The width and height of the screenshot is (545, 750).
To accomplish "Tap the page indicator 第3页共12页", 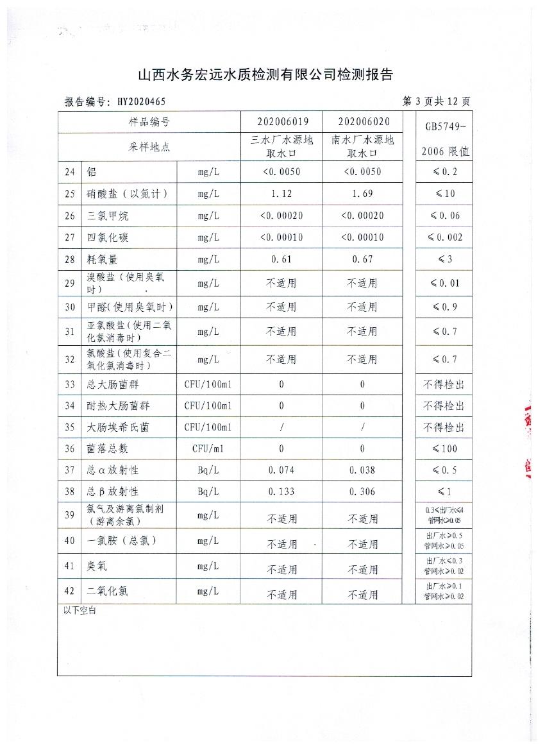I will pos(436,101).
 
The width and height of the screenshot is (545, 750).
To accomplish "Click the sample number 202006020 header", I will pos(362,122).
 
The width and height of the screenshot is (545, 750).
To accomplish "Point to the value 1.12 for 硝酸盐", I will pos(281,194).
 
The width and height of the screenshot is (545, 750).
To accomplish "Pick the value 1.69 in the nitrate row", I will pos(362,194).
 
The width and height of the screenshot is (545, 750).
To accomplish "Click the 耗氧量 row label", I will pos(108,259).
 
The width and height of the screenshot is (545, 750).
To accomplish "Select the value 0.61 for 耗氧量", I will pos(281,259).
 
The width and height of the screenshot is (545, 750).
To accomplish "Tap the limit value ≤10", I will pos(444,194).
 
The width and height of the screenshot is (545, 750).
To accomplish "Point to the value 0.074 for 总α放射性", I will pos(281,470).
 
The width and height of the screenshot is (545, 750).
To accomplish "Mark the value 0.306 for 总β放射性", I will pos(362,491).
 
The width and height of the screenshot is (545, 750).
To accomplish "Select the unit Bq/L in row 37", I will pos(208,470).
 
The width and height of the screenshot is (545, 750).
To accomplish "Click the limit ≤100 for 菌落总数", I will pos(444,448).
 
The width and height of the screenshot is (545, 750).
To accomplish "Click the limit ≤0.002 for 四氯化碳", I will pos(444,237).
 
